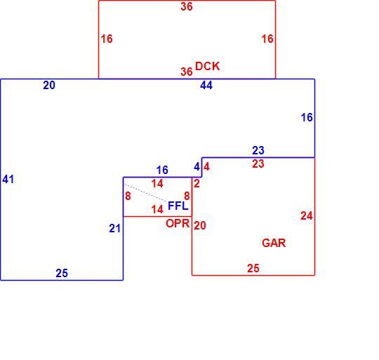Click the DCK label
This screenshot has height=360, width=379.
coord(207,66)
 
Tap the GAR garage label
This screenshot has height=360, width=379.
coord(274,243)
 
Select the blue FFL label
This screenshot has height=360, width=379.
coord(178,206)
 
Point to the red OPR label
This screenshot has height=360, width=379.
coord(178,223)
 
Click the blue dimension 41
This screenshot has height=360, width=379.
coord(8,179)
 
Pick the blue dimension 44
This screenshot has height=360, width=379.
coord(206,86)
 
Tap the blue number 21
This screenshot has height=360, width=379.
coord(114,228)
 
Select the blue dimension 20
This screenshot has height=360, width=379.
coord(49,86)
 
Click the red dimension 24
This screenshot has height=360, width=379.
coord(307,215)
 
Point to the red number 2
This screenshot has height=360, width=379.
coord(197,184)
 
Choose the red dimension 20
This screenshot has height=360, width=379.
coord(200,225)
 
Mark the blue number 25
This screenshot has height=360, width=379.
coord(62,273)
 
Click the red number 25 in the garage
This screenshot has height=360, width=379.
coord(253,268)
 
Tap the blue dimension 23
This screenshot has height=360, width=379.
coord(258,150)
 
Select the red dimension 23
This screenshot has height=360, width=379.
coord(258,164)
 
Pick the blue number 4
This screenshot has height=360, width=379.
coord(197,167)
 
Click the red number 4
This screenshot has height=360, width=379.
coord(206,167)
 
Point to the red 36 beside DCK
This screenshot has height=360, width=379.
coord(187,72)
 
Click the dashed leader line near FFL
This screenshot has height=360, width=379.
coord(145,193)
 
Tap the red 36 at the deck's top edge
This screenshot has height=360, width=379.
coord(187,6)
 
